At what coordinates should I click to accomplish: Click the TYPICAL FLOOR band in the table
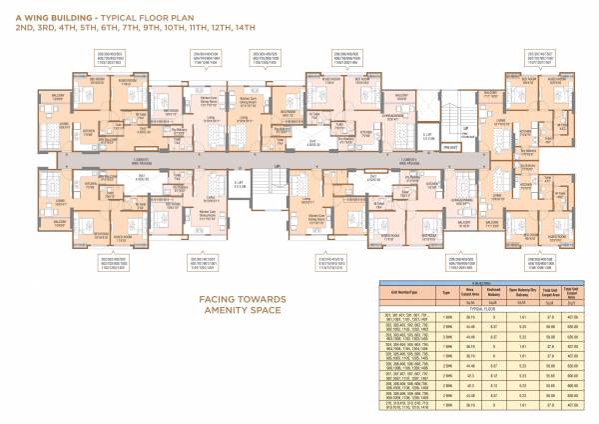tap(470, 307)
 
